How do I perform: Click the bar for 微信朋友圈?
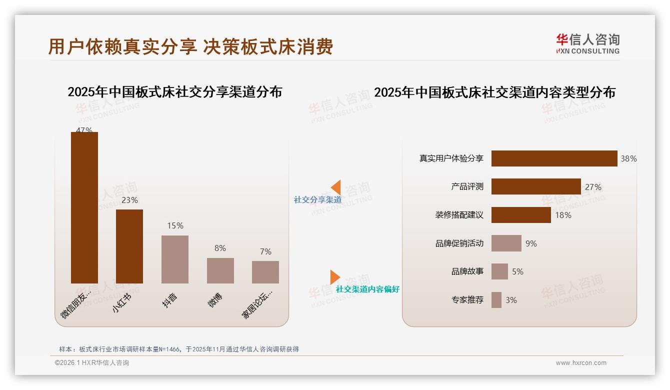[84, 207]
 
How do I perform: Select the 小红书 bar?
[129, 246]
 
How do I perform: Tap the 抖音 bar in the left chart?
[175, 259]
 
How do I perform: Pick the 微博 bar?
[220, 270]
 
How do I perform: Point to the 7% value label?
[265, 251]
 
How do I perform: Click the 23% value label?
[129, 200]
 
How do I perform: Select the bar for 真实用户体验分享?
[554, 158]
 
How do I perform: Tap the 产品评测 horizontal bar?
[536, 186]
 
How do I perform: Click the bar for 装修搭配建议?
[521, 215]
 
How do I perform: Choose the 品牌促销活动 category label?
[459, 243]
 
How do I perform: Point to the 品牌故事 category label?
[467, 271]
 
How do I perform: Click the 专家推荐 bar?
[496, 300]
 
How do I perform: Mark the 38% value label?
[628, 158]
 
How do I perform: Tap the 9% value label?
[531, 243]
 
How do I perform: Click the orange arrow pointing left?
[335, 187]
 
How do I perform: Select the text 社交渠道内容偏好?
[367, 289]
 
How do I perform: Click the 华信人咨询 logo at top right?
[587, 43]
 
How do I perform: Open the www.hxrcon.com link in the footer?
[581, 363]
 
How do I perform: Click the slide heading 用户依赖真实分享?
[122, 46]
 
